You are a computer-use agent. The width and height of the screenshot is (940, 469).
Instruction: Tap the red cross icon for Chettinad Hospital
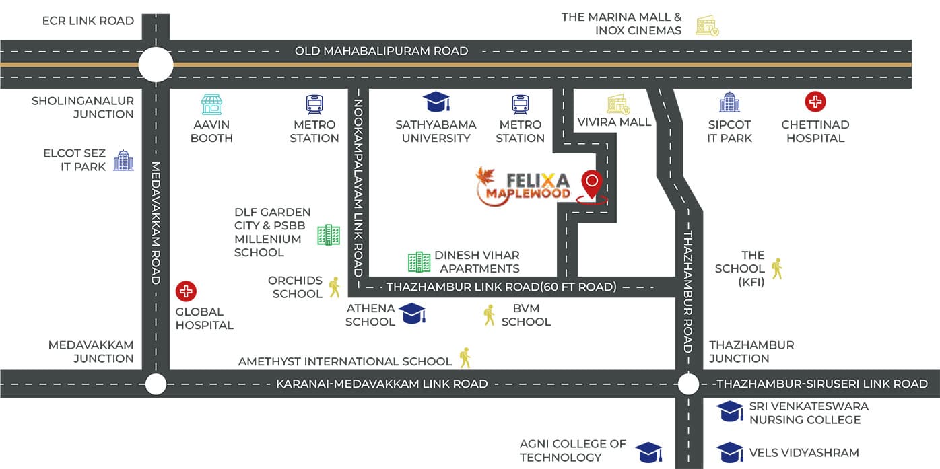[x=815, y=102]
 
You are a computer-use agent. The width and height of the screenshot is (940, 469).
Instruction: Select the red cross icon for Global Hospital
[x=186, y=291]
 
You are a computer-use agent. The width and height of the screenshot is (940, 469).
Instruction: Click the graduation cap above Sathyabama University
[x=436, y=102]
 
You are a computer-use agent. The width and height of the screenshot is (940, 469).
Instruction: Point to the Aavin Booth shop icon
[x=211, y=104]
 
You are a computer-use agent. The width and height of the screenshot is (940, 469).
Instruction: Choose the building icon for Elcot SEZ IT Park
[x=123, y=160]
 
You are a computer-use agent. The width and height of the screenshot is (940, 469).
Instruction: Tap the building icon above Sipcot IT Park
[x=729, y=102]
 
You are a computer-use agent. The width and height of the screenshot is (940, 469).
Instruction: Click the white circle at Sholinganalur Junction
[x=156, y=65]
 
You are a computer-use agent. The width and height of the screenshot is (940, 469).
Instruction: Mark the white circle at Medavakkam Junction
[x=156, y=384]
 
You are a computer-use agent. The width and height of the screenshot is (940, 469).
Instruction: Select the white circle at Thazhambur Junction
[x=688, y=384]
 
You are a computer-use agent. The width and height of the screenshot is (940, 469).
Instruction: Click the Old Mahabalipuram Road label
[x=382, y=50]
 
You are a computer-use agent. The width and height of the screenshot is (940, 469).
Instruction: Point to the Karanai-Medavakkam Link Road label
[x=382, y=384]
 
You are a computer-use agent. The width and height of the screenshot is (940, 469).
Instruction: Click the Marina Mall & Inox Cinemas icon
[x=707, y=26]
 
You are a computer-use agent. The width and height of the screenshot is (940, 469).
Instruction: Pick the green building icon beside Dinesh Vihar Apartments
[x=419, y=262]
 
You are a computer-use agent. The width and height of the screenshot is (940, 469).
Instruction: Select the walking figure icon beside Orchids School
[x=334, y=287]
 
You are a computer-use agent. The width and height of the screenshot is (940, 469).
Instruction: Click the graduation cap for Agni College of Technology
[x=648, y=452]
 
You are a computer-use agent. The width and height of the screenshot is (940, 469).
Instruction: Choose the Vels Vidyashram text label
[x=804, y=453]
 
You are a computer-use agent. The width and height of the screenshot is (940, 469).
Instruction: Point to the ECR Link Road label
[x=88, y=21]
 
